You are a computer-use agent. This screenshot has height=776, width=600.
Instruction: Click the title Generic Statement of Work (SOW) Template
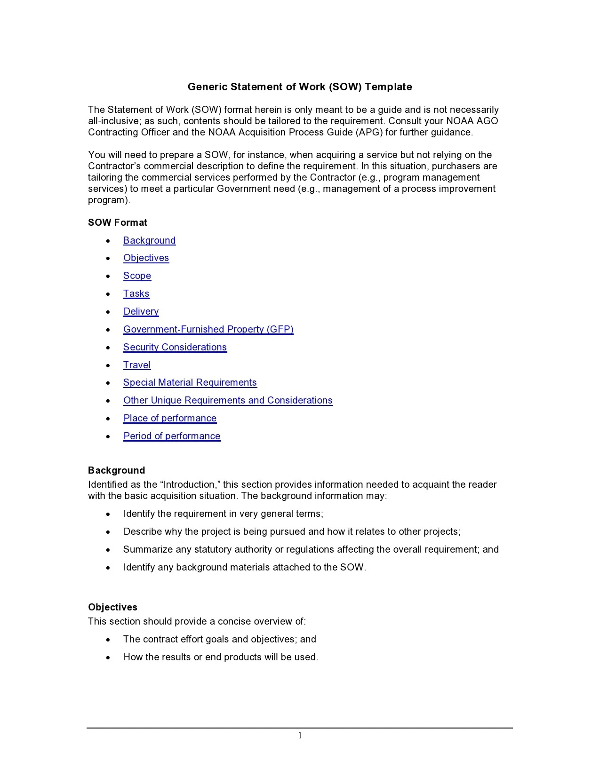point(300,87)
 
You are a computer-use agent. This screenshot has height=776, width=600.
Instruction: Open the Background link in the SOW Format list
point(149,241)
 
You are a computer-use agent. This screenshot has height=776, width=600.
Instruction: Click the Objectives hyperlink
point(146,258)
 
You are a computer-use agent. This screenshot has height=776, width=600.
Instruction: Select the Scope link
point(137,276)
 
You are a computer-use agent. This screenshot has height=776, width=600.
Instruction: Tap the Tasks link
point(136,294)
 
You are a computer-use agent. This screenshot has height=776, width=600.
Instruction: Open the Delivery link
point(141,312)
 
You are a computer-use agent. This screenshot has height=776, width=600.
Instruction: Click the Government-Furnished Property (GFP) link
point(208,330)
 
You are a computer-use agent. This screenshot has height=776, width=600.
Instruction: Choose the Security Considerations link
point(175,348)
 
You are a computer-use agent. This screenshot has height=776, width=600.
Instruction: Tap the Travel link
point(136,365)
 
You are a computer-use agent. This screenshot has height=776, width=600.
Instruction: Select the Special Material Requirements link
point(190,383)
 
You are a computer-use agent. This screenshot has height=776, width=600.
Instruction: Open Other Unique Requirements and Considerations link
point(228,401)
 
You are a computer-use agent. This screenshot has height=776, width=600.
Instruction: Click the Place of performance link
point(169,419)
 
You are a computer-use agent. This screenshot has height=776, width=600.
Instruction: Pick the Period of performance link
point(171,436)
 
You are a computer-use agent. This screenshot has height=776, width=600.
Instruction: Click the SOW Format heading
point(117,223)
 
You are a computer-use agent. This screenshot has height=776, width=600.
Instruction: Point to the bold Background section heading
point(116,471)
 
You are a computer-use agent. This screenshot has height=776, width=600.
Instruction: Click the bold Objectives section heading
point(112,608)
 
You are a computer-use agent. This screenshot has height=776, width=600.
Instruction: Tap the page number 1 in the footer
point(300,736)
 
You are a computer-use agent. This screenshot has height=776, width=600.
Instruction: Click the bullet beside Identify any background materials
point(108,568)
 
